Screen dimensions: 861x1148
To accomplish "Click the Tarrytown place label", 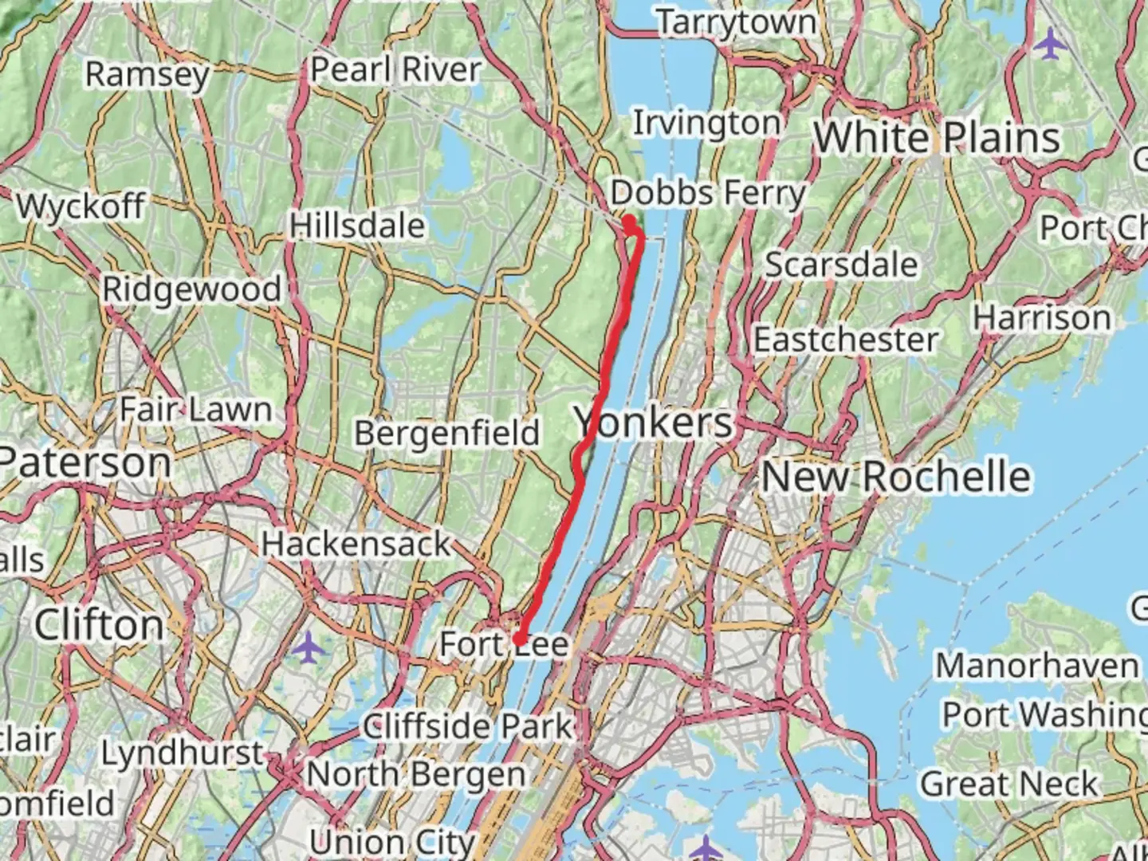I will (x=737, y=22).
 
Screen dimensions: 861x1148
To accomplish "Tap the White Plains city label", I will (x=937, y=138).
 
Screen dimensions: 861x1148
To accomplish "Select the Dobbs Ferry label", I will (x=708, y=193).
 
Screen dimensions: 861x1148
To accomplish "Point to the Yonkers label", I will (x=653, y=422).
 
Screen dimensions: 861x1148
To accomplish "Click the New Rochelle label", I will (x=896, y=477).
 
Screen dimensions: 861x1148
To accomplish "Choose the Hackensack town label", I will (x=356, y=545).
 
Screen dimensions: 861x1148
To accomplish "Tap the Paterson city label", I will (x=85, y=462).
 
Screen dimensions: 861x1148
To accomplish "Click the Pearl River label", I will (x=395, y=69).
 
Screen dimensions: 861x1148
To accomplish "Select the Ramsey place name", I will (x=147, y=74).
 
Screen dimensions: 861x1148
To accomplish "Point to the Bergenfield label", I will (x=447, y=433).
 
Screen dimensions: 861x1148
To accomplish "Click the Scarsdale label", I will (x=841, y=265).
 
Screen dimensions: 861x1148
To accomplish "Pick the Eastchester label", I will (x=845, y=340).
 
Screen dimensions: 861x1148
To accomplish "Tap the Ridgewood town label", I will (x=192, y=289).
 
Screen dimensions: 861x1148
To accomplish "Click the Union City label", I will (x=391, y=842).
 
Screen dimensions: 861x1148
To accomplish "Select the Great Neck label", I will (x=1009, y=784).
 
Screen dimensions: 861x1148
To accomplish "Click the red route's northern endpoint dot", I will (x=629, y=221).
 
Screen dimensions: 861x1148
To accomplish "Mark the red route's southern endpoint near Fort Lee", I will (x=519, y=639).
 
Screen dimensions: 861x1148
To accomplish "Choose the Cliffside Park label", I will (x=468, y=726).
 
